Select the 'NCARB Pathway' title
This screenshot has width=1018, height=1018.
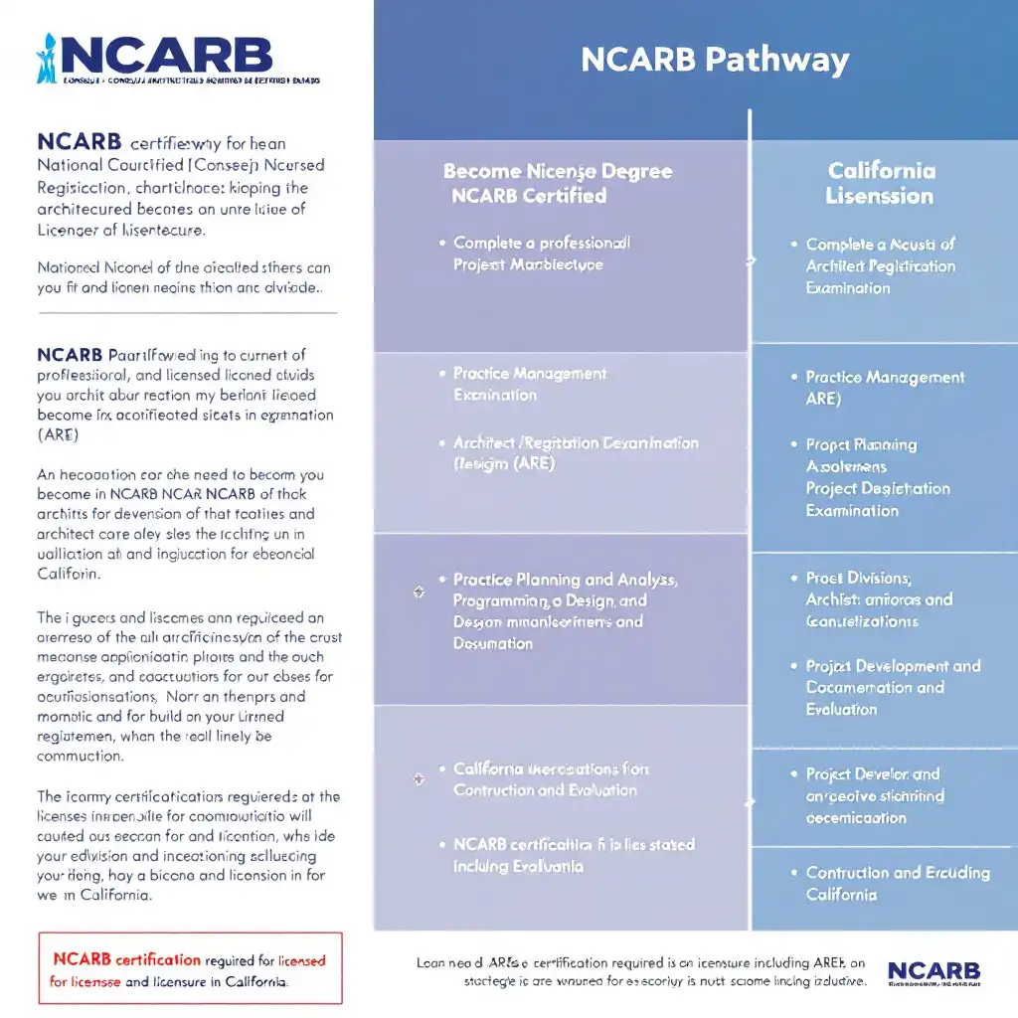(715, 60)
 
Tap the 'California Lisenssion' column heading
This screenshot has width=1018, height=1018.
(881, 183)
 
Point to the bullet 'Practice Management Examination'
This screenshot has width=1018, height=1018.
(529, 384)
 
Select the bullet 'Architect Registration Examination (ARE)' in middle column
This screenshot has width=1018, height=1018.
(575, 453)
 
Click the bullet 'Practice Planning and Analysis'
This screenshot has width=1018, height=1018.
(564, 610)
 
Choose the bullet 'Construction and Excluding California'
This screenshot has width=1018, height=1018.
(897, 883)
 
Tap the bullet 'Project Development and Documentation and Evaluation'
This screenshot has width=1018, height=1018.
(892, 687)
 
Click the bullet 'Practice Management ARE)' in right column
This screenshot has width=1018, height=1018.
(884, 388)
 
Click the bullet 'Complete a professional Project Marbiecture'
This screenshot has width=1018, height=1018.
(541, 254)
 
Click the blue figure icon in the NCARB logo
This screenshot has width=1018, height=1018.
(46, 59)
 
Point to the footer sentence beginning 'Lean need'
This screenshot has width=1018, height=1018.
(641, 971)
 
